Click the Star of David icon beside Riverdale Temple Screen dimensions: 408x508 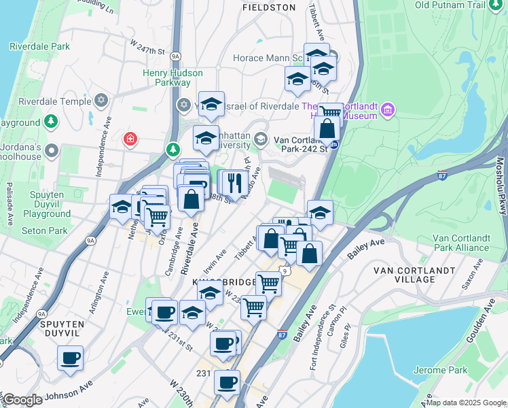pyautogui.click(x=101, y=101)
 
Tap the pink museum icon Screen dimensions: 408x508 pyautogui.click(x=388, y=109)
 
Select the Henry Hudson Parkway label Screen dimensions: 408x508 pyautogui.click(x=173, y=78)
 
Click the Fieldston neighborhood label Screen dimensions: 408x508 pyautogui.click(x=269, y=7)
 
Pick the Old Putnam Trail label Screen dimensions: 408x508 pyautogui.click(x=460, y=5)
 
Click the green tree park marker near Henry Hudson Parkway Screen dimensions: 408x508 pyautogui.click(x=173, y=149)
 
